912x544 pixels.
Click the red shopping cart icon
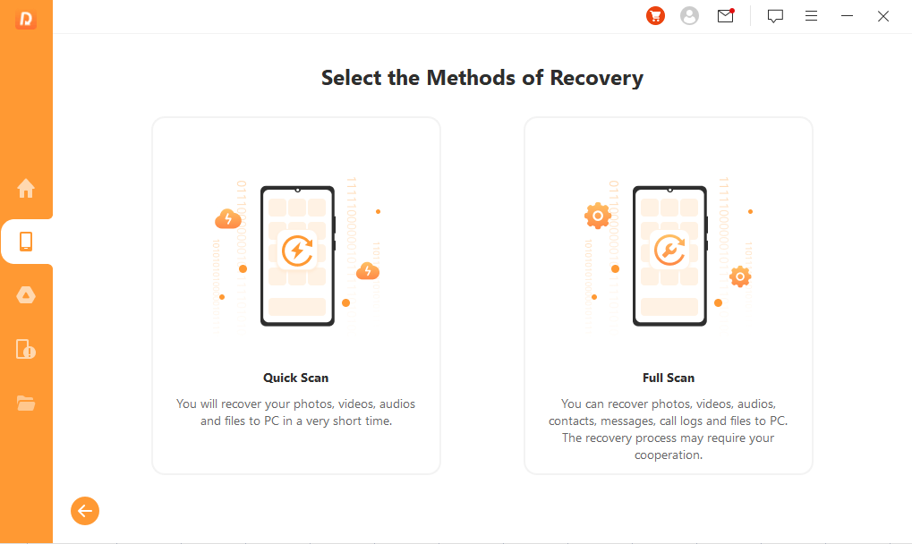(x=655, y=16)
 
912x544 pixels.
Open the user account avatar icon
(x=690, y=16)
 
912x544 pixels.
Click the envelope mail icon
(x=726, y=16)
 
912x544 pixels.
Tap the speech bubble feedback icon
(x=775, y=16)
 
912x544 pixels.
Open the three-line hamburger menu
(x=812, y=16)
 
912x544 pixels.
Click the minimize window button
(x=848, y=16)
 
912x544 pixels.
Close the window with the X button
(x=883, y=16)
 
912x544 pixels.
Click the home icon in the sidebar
(x=26, y=188)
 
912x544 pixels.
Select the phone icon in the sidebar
(x=26, y=242)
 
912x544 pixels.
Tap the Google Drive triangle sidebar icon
(x=26, y=295)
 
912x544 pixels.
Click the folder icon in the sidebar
(x=26, y=403)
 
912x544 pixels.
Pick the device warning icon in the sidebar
(x=26, y=349)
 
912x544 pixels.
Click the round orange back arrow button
(x=85, y=511)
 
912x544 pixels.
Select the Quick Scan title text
(x=296, y=378)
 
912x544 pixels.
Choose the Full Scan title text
(x=669, y=378)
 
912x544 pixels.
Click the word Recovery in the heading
(x=597, y=78)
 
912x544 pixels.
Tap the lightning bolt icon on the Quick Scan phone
(x=297, y=251)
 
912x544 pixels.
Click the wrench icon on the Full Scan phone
(x=669, y=251)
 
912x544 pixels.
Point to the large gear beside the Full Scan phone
(x=598, y=217)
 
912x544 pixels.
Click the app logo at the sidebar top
(x=26, y=19)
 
